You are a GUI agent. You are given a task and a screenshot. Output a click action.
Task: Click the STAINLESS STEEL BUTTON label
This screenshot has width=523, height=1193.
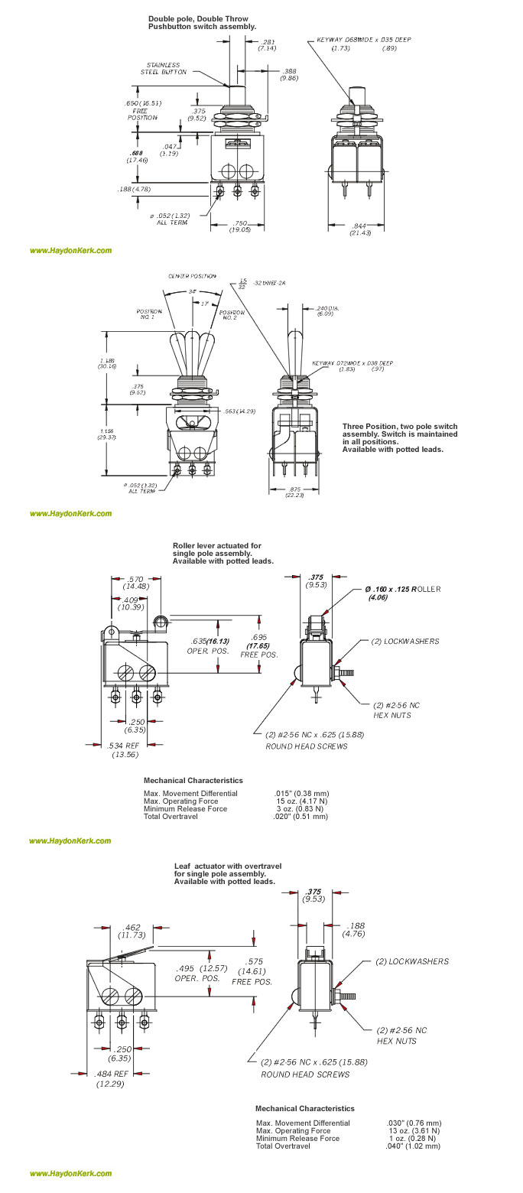click(x=162, y=68)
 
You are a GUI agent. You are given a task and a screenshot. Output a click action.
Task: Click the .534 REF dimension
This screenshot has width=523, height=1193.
click(x=122, y=749)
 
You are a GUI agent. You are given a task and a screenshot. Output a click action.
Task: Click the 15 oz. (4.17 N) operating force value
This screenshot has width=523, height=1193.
click(x=299, y=801)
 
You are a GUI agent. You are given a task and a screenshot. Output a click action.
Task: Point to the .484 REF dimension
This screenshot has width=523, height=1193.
click(x=109, y=1078)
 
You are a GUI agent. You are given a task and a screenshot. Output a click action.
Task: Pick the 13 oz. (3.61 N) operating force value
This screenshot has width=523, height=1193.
click(x=413, y=1130)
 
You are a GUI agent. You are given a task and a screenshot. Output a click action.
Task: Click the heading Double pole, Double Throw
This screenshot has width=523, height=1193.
click(x=198, y=18)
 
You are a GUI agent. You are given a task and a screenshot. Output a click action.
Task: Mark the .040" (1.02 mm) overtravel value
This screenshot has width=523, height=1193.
click(x=414, y=1146)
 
